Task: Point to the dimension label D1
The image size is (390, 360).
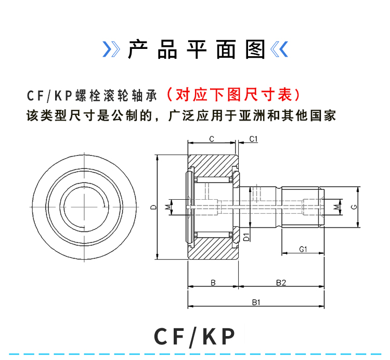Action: click(246, 237)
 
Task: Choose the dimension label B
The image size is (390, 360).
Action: click(213, 282)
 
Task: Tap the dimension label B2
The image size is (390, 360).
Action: click(281, 282)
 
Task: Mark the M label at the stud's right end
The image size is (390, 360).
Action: click(336, 207)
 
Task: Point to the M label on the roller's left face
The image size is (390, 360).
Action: click(168, 207)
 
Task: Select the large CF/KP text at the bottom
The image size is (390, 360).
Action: click(195, 337)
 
